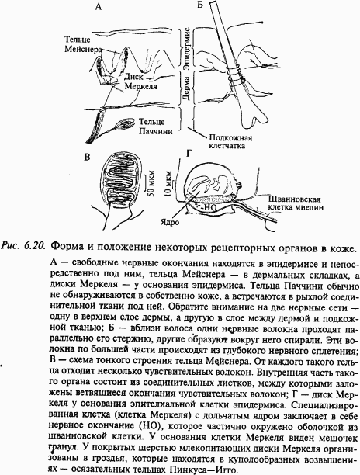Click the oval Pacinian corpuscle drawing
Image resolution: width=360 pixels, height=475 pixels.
point(123,124)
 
